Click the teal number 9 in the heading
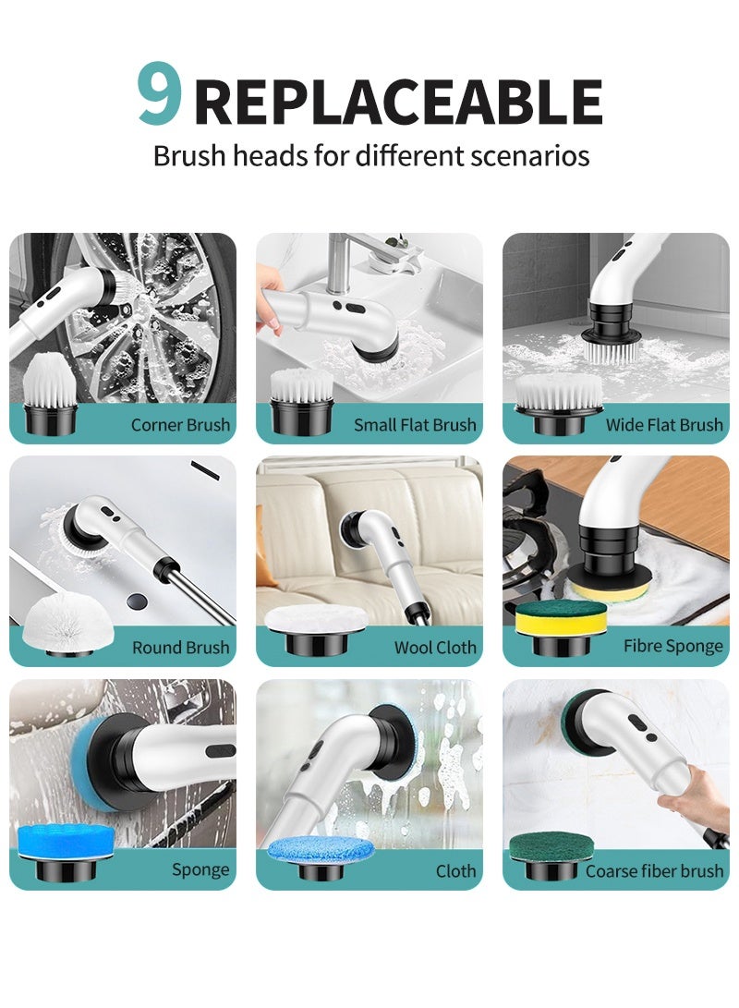point(159,97)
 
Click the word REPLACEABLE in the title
point(398,103)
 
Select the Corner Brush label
point(180,425)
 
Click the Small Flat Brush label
point(415,425)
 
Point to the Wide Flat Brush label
point(663,425)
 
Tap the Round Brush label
point(180,648)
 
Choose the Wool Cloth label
point(435,648)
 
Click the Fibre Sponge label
point(672,646)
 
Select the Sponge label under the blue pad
point(200,870)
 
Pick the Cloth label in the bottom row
point(455,870)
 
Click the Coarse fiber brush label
point(654,870)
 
